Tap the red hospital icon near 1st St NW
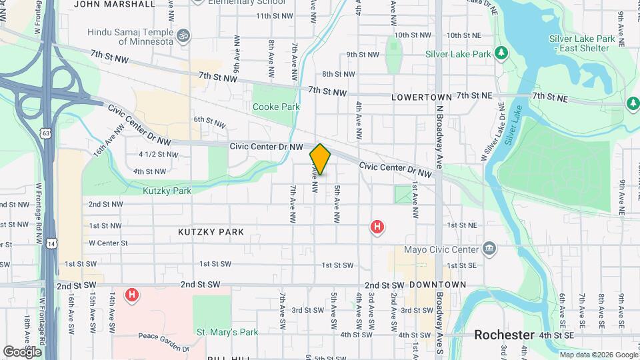377,227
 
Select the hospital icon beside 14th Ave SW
132,294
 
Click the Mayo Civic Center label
442,249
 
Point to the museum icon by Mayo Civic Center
491,249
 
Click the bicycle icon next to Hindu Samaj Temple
184,34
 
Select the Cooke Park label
276,107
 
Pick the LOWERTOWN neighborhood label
421,97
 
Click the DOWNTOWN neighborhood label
437,285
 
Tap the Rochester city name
505,335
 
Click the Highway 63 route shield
45,133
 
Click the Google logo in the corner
22,351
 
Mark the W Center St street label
108,243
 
